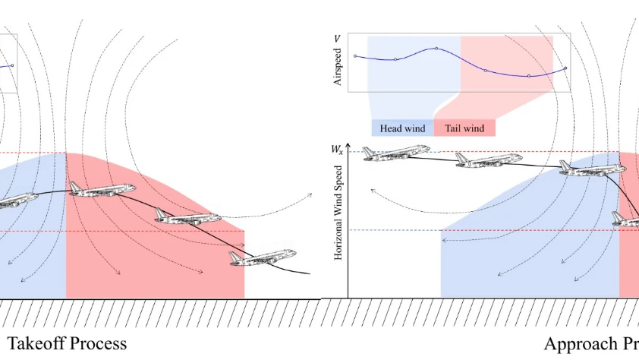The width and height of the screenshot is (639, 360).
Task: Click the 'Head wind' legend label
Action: (402, 128)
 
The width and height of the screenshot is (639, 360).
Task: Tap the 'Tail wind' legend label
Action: (464, 128)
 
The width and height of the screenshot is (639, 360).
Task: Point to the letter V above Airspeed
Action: (337, 39)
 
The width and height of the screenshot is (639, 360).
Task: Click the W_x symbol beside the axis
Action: (337, 149)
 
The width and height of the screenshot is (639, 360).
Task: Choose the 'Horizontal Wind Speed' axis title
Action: (338, 213)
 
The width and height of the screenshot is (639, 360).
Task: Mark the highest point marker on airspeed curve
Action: (436, 48)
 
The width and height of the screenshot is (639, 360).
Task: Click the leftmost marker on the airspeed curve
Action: (355, 56)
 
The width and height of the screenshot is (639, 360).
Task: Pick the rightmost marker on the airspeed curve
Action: (565, 68)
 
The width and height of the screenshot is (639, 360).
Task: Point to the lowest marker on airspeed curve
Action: (528, 76)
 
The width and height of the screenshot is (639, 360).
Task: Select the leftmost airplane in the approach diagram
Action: (396, 153)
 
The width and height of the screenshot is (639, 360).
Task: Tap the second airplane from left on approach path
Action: (489, 159)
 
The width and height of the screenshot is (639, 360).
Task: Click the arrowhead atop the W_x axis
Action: (348, 146)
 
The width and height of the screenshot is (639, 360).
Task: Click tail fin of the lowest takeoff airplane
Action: (235, 257)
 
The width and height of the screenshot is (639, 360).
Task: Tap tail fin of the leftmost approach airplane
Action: (369, 153)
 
